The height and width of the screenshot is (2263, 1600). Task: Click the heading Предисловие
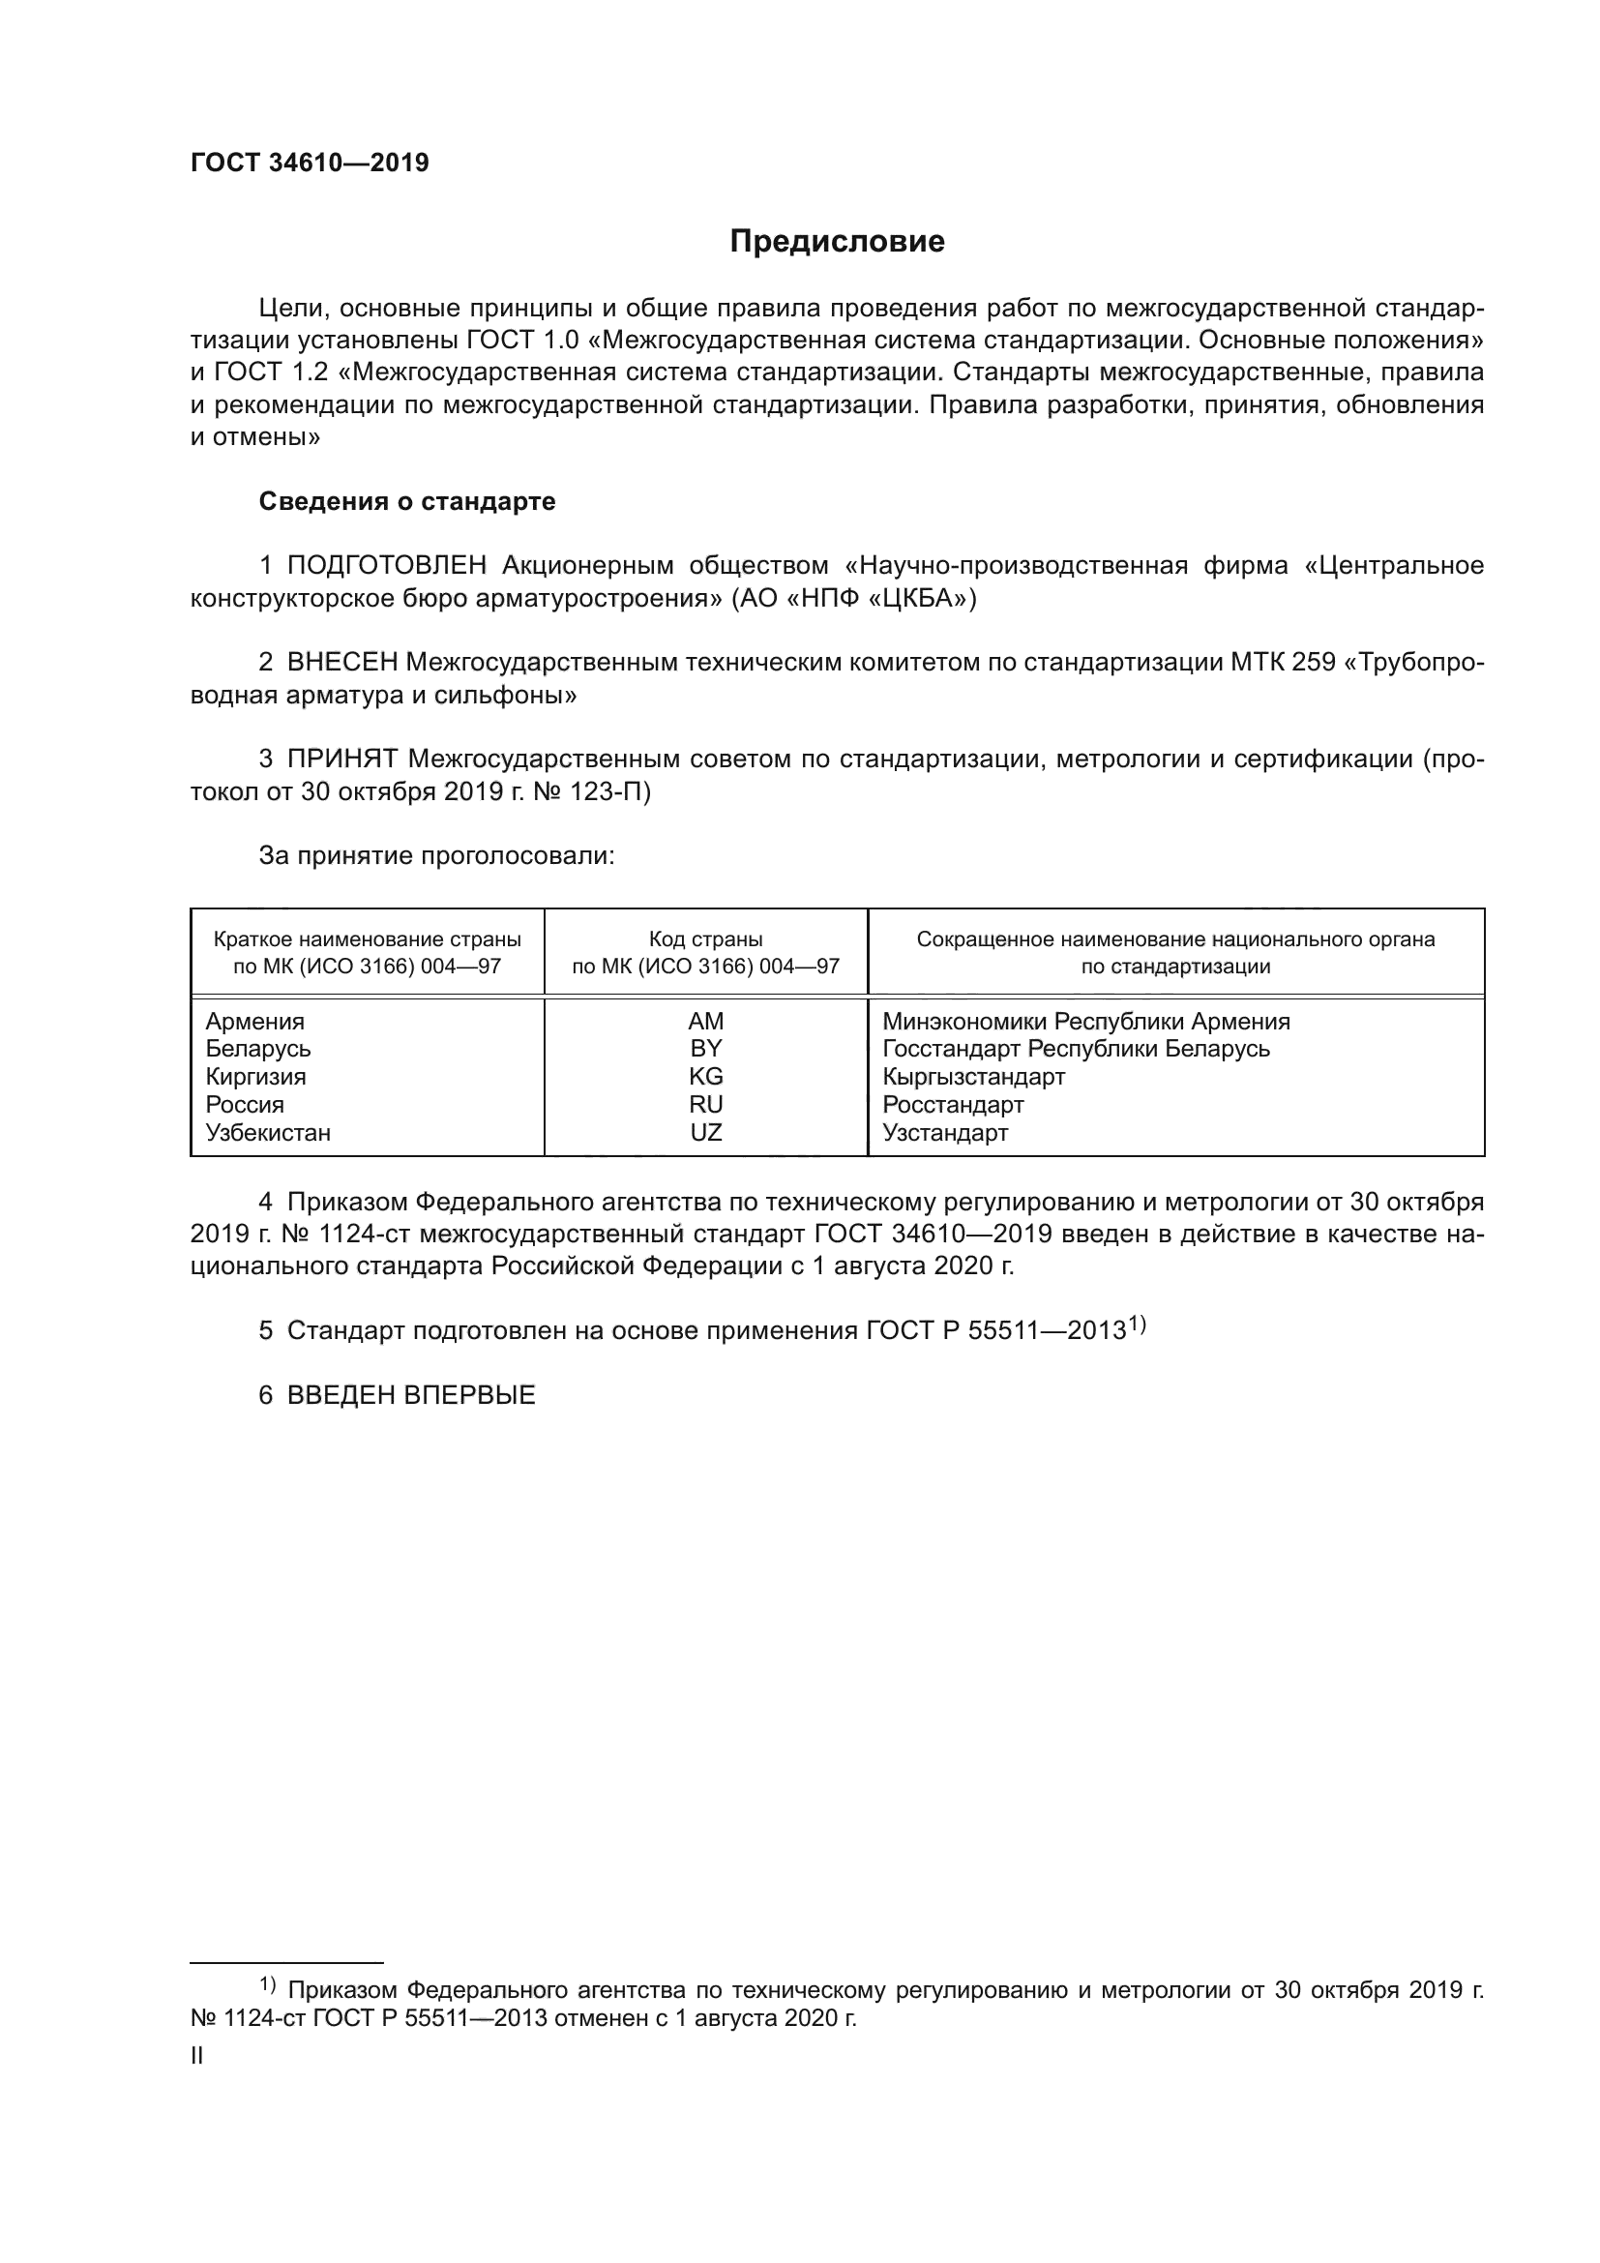(837, 242)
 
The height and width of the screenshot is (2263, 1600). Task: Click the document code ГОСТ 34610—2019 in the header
(310, 164)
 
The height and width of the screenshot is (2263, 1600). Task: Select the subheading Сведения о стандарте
(407, 502)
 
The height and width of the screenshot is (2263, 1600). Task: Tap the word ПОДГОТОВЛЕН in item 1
(386, 566)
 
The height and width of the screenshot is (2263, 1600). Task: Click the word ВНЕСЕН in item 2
(341, 663)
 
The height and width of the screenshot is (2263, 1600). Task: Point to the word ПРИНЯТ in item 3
(341, 759)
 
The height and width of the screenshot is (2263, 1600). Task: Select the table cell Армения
(254, 1022)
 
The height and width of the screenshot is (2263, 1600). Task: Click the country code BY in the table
(705, 1049)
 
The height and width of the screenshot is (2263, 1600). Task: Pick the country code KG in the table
(705, 1076)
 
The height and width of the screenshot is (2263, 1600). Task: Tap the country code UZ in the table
(705, 1133)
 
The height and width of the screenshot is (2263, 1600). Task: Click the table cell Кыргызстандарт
(973, 1077)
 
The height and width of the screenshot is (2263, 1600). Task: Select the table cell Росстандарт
(953, 1105)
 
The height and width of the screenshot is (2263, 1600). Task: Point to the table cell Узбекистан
(268, 1133)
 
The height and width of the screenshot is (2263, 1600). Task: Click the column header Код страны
(705, 939)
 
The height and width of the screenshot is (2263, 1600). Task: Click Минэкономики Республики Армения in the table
(1085, 1022)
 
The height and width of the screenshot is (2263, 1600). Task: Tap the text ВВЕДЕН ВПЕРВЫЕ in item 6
(411, 1396)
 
